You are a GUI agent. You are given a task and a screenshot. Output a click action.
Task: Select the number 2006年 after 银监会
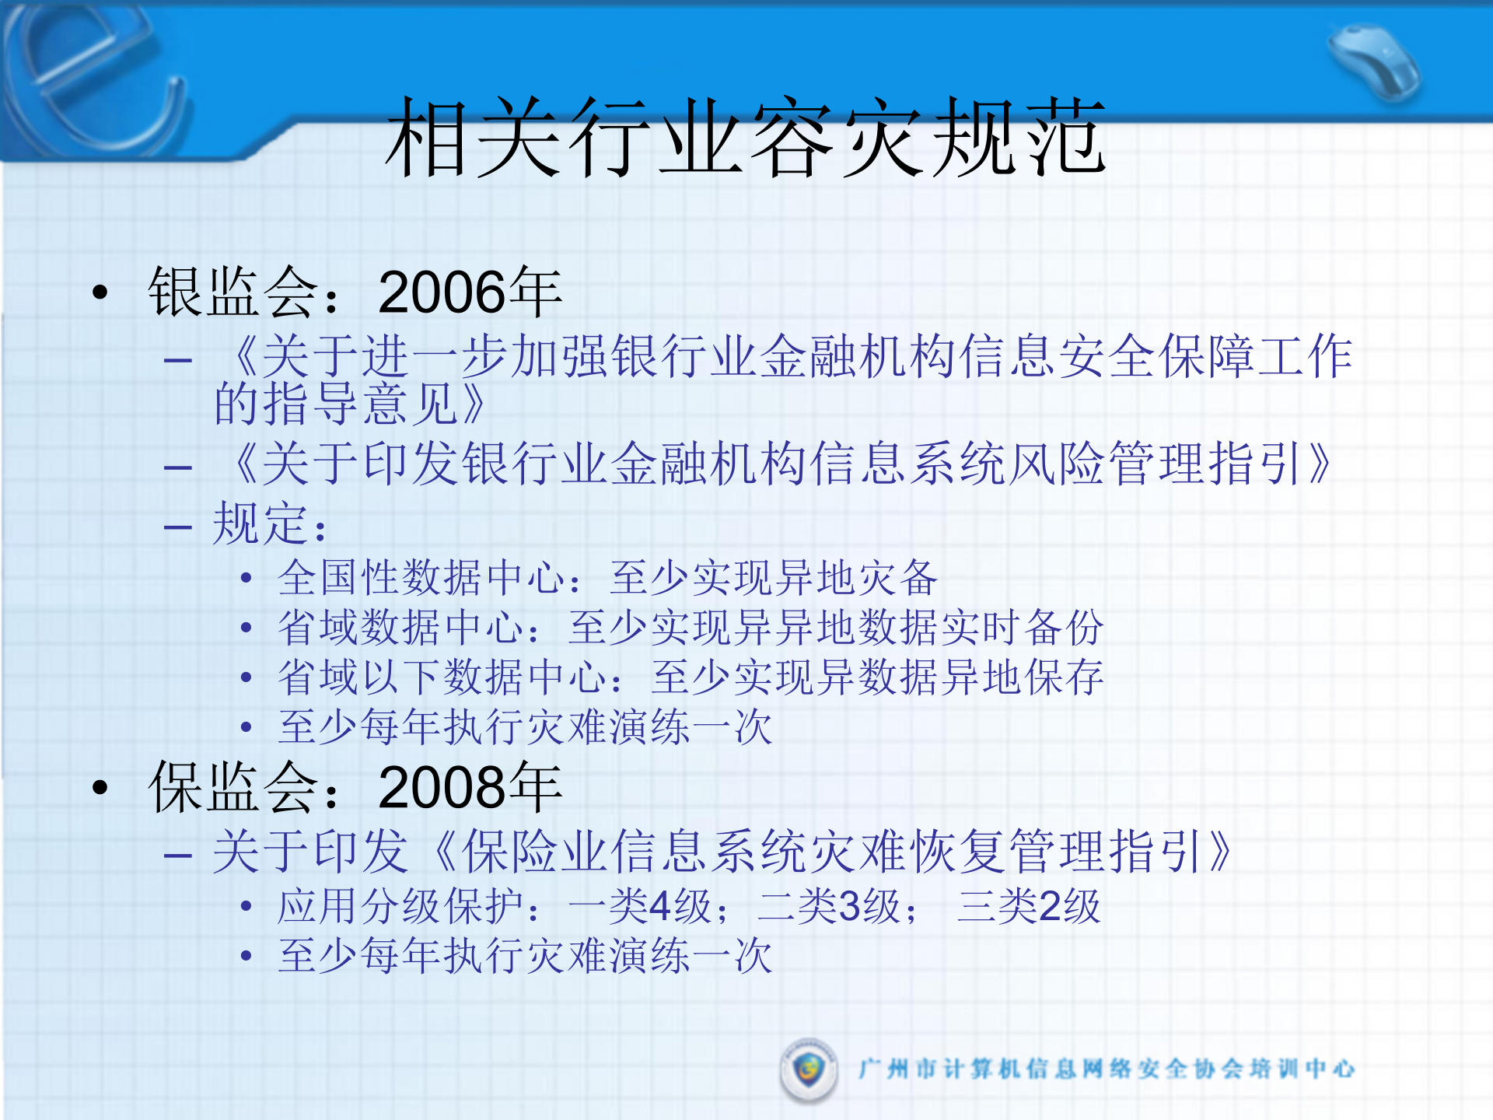tap(470, 292)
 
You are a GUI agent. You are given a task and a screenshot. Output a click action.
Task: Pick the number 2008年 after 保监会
tap(470, 787)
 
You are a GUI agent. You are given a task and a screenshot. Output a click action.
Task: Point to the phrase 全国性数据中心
tap(421, 578)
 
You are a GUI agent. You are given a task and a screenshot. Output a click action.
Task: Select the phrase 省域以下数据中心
tap(442, 677)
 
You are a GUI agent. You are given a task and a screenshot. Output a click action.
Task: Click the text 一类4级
tap(640, 906)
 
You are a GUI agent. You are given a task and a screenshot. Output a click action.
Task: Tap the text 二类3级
tap(829, 906)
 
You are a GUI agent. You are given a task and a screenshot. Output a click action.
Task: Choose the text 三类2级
tap(1028, 906)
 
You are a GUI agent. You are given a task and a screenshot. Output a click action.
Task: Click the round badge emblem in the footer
tap(809, 1069)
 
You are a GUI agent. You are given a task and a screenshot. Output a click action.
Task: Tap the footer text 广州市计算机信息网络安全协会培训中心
tap(1106, 1069)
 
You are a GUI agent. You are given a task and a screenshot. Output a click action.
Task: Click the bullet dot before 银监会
tap(100, 293)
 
